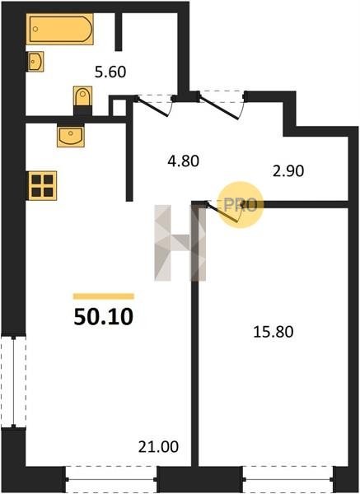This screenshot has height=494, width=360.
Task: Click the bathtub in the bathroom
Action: [59, 29]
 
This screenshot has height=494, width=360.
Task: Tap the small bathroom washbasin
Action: [35, 62]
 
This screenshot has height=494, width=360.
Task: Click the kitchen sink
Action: [71, 136]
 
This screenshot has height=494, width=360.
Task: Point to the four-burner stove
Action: [42, 185]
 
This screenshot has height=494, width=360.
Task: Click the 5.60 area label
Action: [110, 72]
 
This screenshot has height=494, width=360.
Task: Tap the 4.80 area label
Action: [183, 161]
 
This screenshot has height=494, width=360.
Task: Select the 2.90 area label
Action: [288, 171]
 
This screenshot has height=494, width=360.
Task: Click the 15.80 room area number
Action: [274, 332]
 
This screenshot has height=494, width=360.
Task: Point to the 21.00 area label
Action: [158, 447]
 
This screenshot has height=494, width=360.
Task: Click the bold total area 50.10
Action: [104, 317]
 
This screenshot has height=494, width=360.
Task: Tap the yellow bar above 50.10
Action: [104, 296]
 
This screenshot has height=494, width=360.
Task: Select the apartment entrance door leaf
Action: [219, 108]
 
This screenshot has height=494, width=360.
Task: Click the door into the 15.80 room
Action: [223, 213]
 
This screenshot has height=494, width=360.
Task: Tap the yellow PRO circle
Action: [241, 205]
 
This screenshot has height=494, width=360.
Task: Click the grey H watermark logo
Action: [180, 243]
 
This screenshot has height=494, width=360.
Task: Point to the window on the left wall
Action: [13, 382]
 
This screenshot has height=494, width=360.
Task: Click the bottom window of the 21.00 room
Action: [111, 479]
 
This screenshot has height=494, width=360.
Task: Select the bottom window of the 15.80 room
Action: [288, 479]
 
